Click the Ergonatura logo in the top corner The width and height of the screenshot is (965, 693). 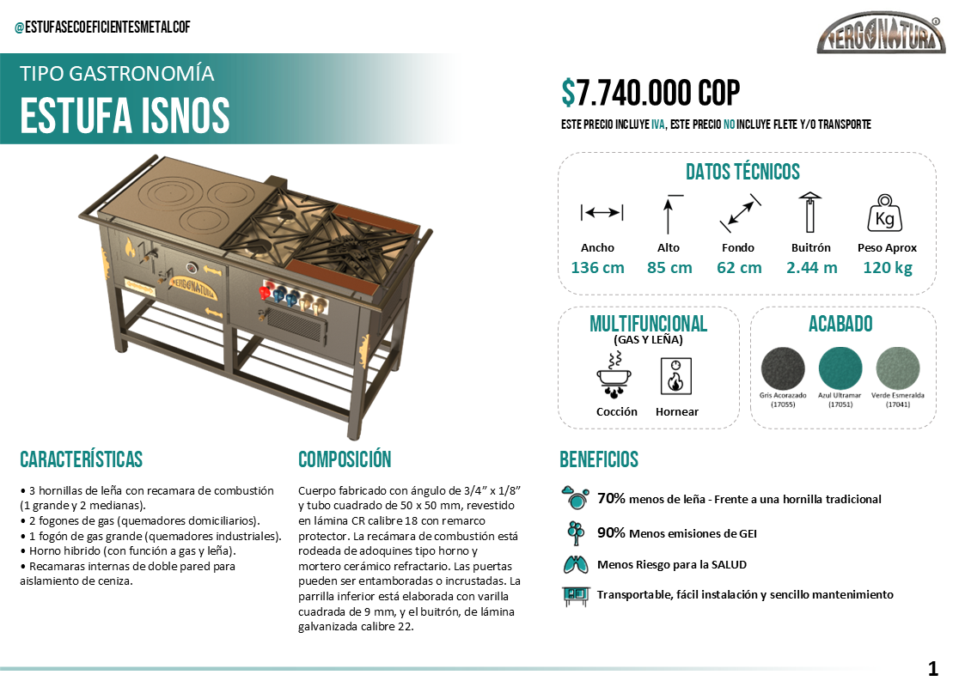click(x=880, y=36)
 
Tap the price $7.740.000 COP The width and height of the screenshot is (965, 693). click(x=650, y=93)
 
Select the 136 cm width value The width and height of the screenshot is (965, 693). click(x=597, y=267)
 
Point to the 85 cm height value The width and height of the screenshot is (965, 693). click(x=669, y=267)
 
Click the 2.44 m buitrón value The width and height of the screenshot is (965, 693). click(x=811, y=267)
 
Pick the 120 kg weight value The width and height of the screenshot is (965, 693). click(x=887, y=267)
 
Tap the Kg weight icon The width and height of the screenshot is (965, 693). click(x=884, y=214)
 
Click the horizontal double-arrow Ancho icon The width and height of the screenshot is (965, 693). click(x=602, y=212)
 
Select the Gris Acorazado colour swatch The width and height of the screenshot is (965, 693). click(x=783, y=369)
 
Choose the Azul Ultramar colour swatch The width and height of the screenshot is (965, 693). click(x=840, y=369)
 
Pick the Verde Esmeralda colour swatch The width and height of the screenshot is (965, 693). click(x=898, y=369)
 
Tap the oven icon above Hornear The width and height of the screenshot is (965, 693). click(x=676, y=375)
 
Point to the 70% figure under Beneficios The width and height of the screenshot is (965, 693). click(x=611, y=498)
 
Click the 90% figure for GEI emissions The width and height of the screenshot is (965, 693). click(x=611, y=532)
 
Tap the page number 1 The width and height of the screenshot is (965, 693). click(x=932, y=669)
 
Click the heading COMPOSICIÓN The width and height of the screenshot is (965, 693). click(x=345, y=459)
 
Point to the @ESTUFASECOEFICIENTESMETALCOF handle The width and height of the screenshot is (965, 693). click(x=102, y=27)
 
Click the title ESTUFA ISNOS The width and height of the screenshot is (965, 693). click(x=125, y=115)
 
